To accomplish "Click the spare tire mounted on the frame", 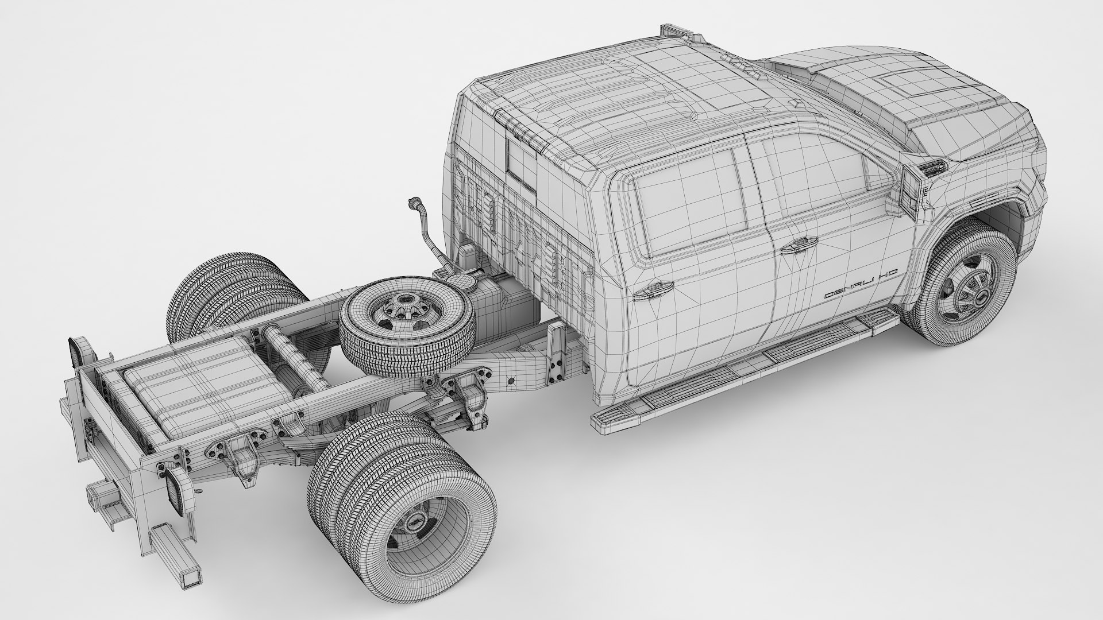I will tap(407, 327).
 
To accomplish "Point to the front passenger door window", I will tap(816, 172).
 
